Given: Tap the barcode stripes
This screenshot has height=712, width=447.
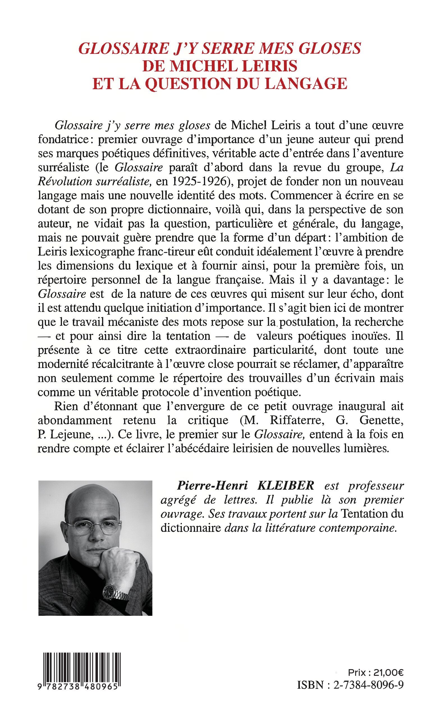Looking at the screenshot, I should coord(82,669).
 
